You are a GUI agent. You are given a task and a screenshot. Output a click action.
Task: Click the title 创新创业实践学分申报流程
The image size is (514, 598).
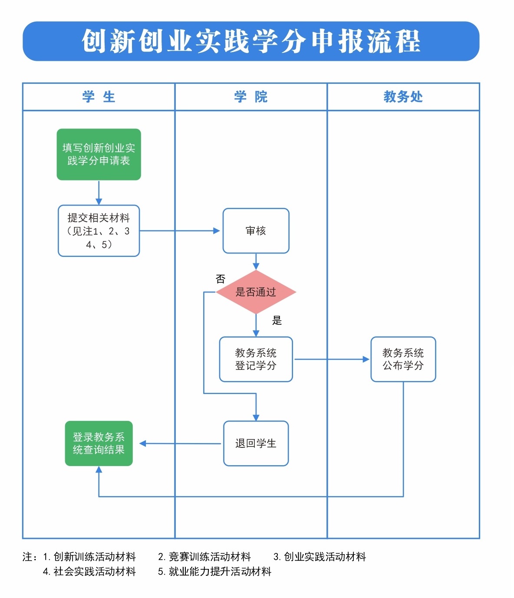[251, 42]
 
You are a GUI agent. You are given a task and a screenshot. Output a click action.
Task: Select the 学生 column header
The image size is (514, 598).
[99, 97]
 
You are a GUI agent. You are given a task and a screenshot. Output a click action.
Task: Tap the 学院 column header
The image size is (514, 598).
[250, 97]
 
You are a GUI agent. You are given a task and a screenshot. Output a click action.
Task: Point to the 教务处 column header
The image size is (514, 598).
[403, 97]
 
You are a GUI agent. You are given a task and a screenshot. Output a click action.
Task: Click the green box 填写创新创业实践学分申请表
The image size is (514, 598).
[99, 154]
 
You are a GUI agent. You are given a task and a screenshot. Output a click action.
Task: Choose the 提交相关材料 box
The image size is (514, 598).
[99, 231]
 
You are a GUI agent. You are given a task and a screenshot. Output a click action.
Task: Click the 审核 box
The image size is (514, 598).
[256, 231]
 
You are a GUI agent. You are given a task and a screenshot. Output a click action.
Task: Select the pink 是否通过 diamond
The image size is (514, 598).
[256, 292]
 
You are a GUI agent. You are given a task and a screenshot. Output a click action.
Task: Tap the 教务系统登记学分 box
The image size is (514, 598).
[256, 359]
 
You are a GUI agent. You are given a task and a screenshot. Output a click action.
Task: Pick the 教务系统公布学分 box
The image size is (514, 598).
[403, 359]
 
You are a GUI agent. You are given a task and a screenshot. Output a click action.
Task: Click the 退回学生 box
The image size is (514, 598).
[256, 444]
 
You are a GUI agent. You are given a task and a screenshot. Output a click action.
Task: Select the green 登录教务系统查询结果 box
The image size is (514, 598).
[99, 444]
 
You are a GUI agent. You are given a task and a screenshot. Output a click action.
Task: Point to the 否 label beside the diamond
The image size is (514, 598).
[221, 279]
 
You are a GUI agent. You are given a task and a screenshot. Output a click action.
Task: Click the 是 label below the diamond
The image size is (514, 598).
[277, 321]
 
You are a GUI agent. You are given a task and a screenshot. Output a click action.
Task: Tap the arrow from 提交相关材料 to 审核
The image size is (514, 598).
[180, 231]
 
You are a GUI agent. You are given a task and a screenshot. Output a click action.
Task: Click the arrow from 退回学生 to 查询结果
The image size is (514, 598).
[180, 444]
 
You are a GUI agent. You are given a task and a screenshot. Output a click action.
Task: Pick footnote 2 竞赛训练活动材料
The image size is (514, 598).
[204, 557]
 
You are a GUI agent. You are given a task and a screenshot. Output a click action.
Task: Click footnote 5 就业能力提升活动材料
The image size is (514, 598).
[215, 572]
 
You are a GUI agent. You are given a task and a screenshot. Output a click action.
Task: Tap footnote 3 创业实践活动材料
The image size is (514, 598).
[320, 557]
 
